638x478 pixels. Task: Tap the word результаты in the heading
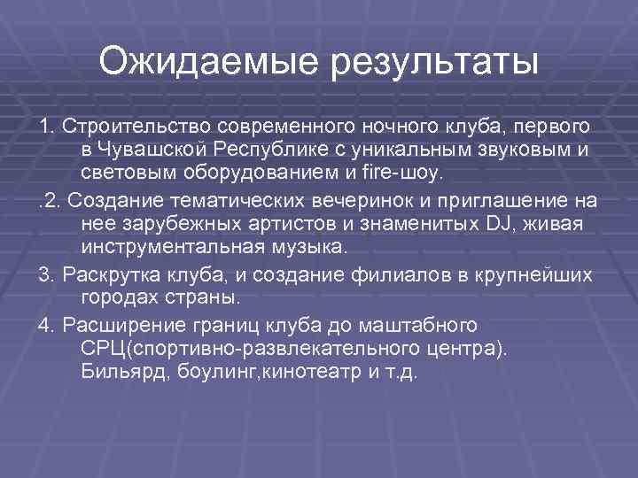(432, 63)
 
